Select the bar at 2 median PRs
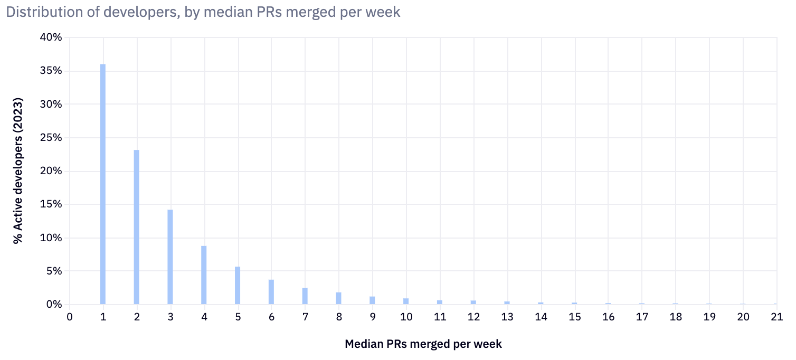pos(137,227)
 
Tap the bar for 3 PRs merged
pos(170,257)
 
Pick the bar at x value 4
pos(204,275)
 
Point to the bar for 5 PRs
pos(238,286)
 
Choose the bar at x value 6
pos(271,292)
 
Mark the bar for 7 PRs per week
pos(305,296)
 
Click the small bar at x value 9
pos(372,300)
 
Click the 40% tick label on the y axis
pos(51,38)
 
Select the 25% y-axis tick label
pos(51,138)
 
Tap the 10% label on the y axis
pos(51,238)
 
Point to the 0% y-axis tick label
pos(53,305)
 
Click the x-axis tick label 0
pos(69,317)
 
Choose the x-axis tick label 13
pos(507,317)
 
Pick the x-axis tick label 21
pos(776,317)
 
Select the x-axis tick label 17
pos(641,317)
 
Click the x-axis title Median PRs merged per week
pos(423,344)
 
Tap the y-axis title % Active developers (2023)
pos(19,170)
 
